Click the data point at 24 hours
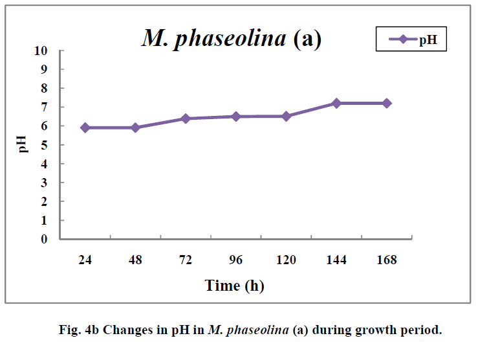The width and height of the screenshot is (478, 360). coord(85,128)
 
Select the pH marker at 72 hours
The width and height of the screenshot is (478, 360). coord(186,118)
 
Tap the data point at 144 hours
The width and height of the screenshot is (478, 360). coord(336,103)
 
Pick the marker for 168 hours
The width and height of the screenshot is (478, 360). coord(387,103)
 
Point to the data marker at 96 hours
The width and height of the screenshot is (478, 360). coord(236,117)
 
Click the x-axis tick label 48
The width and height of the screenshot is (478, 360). coord(135,260)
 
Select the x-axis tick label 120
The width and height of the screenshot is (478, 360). coord(286,260)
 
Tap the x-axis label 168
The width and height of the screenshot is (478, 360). coord(387,260)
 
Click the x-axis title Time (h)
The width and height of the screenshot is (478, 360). coord(234,285)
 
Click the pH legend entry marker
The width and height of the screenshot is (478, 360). coord(402,39)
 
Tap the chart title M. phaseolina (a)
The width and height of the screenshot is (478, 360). coord(231,39)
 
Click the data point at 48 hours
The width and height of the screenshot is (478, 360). coord(135,128)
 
